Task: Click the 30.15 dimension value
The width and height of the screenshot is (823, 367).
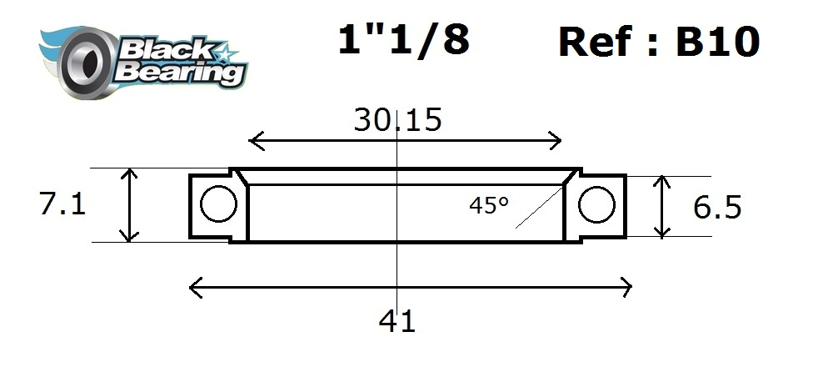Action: point(397,120)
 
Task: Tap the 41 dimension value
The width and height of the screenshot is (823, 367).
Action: point(397,320)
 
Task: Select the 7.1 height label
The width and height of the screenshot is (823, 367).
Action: point(62,204)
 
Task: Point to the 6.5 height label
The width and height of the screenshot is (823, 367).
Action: point(716,206)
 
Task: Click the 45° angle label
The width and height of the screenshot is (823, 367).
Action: point(488,205)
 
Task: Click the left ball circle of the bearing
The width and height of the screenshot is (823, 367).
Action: point(219,205)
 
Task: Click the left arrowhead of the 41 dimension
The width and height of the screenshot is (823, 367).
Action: point(192,289)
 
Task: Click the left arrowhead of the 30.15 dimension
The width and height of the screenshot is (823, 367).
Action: point(252,140)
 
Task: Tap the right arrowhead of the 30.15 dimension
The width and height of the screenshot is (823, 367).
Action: point(559,140)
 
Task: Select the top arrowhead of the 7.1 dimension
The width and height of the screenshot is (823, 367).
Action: point(129,171)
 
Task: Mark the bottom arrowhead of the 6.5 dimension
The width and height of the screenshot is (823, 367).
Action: point(662,233)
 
